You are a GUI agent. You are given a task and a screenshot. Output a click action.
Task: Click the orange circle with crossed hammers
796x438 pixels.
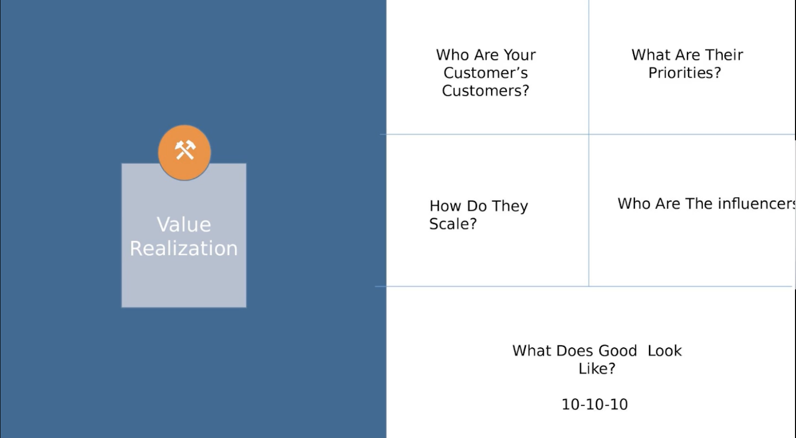click(x=185, y=152)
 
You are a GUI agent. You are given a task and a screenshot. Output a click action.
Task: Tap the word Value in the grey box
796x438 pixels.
click(x=184, y=224)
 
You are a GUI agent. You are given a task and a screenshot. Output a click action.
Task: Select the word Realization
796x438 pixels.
click(x=184, y=248)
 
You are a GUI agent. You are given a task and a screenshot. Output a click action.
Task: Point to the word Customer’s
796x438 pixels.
click(x=486, y=73)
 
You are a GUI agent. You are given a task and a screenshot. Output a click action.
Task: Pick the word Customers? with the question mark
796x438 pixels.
click(x=486, y=91)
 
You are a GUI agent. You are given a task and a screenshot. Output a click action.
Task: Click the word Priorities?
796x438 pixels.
click(x=685, y=73)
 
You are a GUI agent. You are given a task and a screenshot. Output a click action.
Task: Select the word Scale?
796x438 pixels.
click(x=453, y=224)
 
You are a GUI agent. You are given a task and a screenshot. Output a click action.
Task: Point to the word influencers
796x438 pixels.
click(x=757, y=204)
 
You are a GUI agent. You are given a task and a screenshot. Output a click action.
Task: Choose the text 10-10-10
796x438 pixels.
click(x=595, y=405)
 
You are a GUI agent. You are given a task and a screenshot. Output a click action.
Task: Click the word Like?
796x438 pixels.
click(x=597, y=369)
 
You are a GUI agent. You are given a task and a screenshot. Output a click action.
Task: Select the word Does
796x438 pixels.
click(x=575, y=351)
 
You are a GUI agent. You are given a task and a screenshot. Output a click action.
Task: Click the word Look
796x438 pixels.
click(x=665, y=351)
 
